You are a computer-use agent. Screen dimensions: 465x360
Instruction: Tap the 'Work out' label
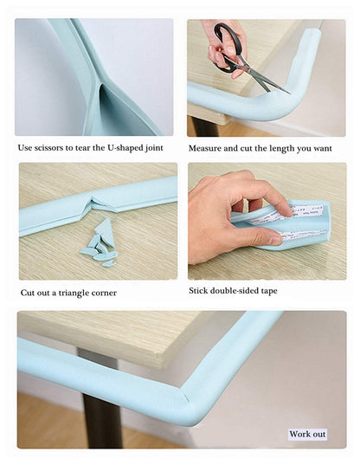pos(307,434)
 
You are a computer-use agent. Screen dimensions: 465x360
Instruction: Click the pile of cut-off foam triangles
pos(100,247)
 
